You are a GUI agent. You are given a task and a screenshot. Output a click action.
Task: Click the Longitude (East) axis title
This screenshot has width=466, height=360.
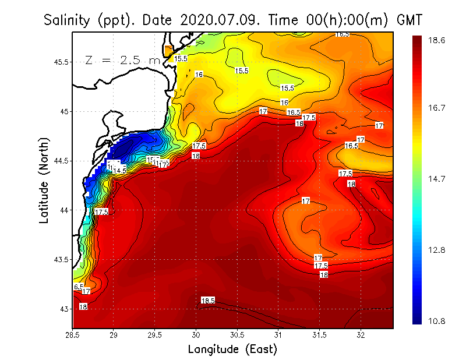(x=232, y=350)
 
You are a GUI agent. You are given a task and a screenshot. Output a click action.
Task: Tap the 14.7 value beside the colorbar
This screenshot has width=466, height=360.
(x=437, y=179)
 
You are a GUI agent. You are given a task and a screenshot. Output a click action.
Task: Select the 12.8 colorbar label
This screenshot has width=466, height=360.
(x=437, y=250)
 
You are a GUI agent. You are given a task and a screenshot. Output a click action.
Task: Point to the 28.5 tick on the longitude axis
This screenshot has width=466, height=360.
(x=73, y=335)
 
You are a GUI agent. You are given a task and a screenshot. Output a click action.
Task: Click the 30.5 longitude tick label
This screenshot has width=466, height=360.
(x=237, y=335)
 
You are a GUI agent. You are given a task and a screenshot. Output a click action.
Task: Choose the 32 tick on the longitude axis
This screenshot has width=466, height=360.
(x=361, y=335)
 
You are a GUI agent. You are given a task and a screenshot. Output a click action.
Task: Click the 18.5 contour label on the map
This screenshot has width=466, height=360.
(x=208, y=301)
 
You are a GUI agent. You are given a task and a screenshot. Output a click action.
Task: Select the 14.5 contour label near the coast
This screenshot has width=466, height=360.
(x=119, y=170)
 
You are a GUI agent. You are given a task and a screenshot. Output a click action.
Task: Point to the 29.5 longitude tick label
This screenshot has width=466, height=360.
(x=155, y=335)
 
